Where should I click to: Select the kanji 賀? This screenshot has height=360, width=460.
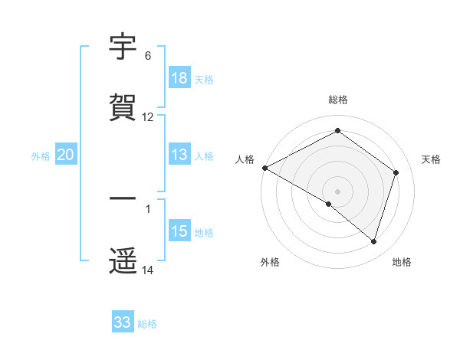click(123, 107)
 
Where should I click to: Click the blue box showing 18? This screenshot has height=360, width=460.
click(179, 78)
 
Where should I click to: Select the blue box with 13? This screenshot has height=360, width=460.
click(179, 155)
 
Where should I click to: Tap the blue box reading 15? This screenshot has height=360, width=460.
click(179, 231)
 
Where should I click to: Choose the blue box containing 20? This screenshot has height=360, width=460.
click(66, 155)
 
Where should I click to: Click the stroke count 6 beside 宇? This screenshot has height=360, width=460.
click(148, 56)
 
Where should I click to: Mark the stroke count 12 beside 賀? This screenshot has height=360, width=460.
click(148, 117)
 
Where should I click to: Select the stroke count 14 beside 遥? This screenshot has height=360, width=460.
click(148, 270)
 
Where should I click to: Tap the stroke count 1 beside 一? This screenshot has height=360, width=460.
click(148, 208)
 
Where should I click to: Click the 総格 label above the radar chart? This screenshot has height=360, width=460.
click(338, 100)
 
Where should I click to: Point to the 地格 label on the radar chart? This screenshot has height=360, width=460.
click(402, 262)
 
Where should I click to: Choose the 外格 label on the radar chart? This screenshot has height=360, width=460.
click(270, 262)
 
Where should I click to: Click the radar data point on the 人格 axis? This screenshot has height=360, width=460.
click(264, 167)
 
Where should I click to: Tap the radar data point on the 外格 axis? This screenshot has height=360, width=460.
click(329, 204)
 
